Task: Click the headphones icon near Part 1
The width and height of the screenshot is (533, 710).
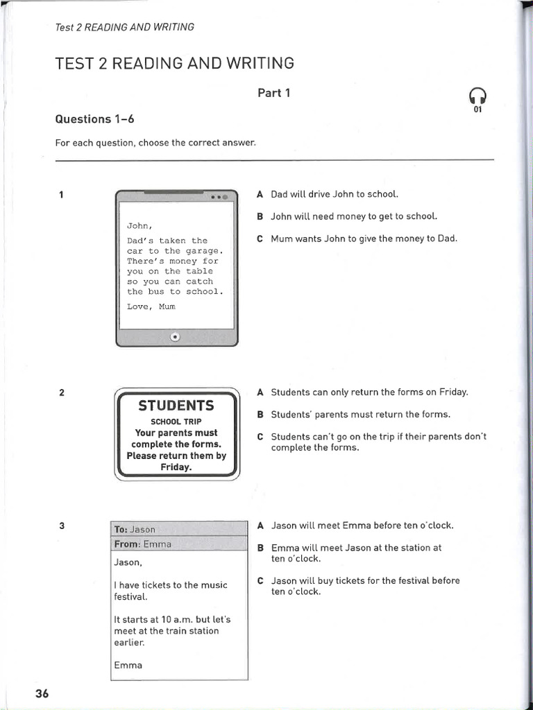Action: [x=478, y=96]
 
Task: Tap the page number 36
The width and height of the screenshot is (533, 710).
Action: [x=42, y=693]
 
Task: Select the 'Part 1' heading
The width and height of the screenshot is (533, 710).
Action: [x=273, y=92]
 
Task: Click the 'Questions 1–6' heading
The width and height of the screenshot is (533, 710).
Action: [x=94, y=119]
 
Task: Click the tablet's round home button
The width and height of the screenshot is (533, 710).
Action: [x=175, y=337]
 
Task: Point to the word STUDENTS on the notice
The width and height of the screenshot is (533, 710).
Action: [x=176, y=406]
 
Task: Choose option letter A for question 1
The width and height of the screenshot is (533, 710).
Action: [x=260, y=195]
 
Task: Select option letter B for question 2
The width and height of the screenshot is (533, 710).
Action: [x=260, y=415]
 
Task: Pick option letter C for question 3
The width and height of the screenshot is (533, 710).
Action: [x=260, y=581]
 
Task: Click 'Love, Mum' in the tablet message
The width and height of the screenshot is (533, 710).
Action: [x=151, y=306]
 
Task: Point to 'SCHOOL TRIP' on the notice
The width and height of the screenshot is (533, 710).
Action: [x=176, y=422]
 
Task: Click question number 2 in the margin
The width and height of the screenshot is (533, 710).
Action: [x=62, y=392]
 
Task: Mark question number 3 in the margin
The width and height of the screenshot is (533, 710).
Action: [x=62, y=526]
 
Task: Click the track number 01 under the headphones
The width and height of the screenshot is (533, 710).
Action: [x=477, y=110]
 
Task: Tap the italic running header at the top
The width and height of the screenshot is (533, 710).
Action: [x=124, y=27]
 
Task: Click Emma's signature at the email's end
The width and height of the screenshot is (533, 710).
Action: [x=128, y=665]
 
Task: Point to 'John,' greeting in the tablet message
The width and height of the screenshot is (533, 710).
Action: [x=139, y=225]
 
